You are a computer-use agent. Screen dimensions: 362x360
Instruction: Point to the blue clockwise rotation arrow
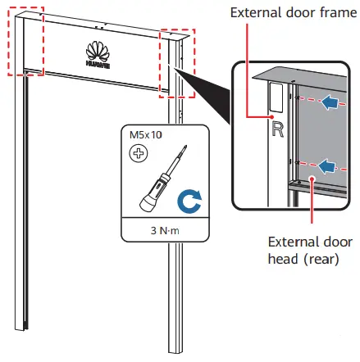(x=189, y=199)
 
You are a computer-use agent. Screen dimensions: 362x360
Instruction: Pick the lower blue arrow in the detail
(x=327, y=166)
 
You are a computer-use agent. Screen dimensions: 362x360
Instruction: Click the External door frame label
(x=283, y=14)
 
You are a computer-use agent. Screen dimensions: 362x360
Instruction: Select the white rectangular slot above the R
(x=276, y=97)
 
